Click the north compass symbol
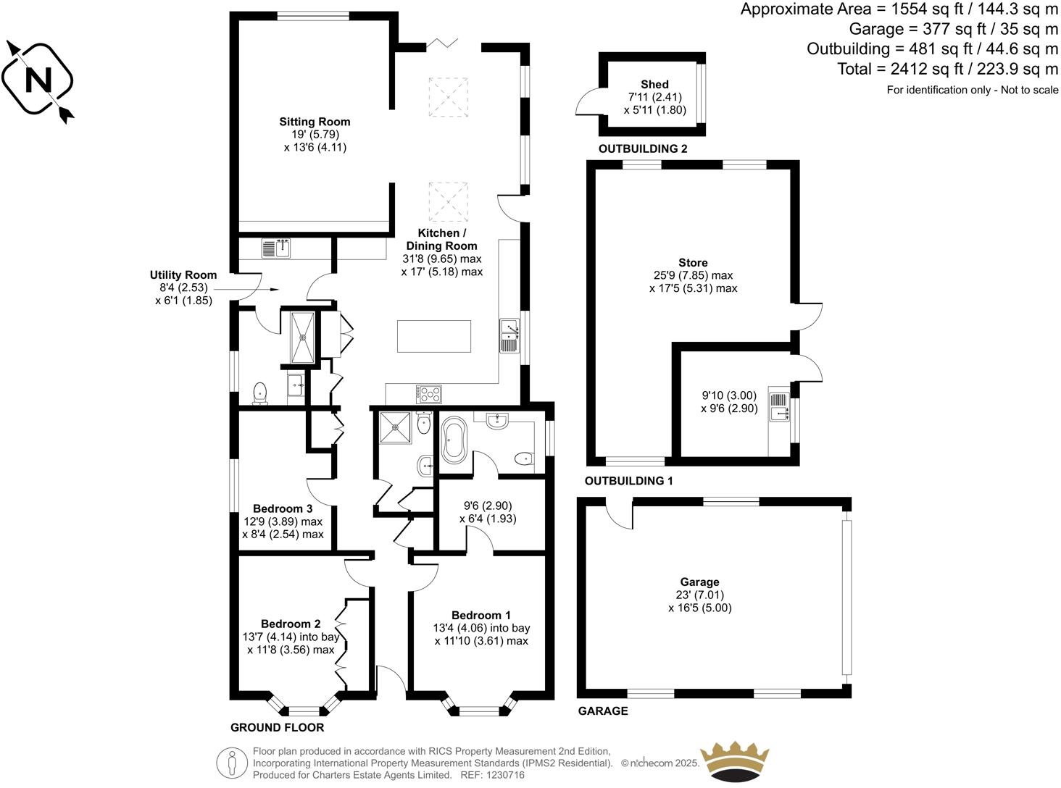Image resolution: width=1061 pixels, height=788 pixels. click(x=38, y=80)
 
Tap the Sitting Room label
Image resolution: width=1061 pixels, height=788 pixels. click(x=315, y=122)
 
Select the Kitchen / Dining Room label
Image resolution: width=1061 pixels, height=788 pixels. click(x=441, y=240)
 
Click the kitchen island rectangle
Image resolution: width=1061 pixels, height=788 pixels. click(x=434, y=336)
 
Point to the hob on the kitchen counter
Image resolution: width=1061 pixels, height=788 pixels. click(x=430, y=394)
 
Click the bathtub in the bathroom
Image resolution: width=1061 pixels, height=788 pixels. click(x=455, y=440)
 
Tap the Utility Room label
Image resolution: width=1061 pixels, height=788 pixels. click(x=183, y=274)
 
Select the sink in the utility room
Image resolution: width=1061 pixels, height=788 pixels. click(x=275, y=249)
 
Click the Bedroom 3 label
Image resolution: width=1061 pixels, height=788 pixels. click(x=283, y=508)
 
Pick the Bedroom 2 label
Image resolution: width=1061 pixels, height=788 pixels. click(x=291, y=624)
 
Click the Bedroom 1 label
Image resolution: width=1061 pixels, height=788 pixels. click(x=480, y=615)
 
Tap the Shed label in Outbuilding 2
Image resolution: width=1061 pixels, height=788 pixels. click(x=654, y=84)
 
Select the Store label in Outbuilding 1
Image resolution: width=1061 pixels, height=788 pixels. click(x=693, y=262)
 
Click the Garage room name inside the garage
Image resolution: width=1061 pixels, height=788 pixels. click(x=699, y=582)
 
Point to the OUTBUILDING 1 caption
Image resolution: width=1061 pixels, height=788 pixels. click(x=628, y=481)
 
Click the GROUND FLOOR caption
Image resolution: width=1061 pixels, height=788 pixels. click(x=277, y=727)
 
